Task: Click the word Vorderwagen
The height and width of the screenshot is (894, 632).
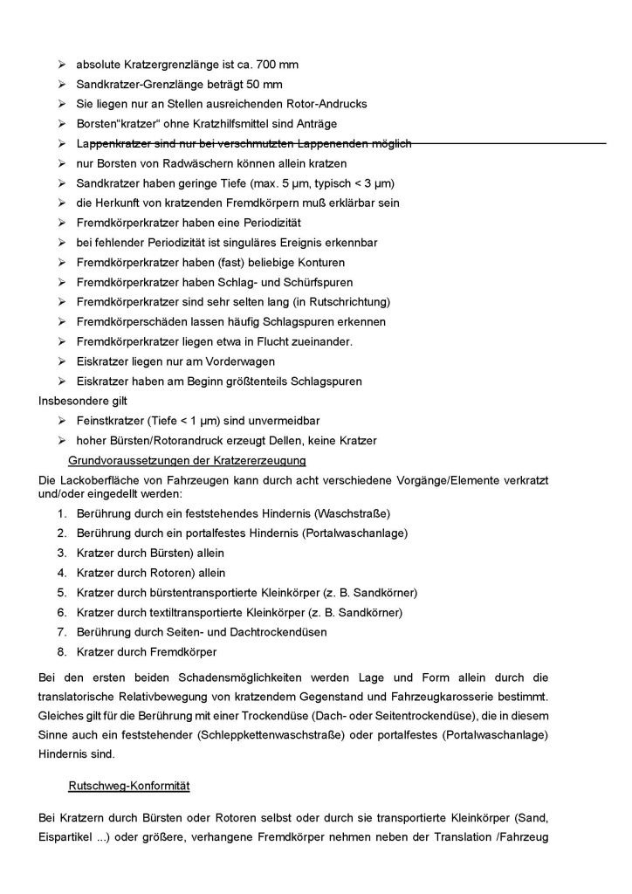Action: (262, 360)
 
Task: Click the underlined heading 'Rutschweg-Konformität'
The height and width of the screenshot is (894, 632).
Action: (129, 786)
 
